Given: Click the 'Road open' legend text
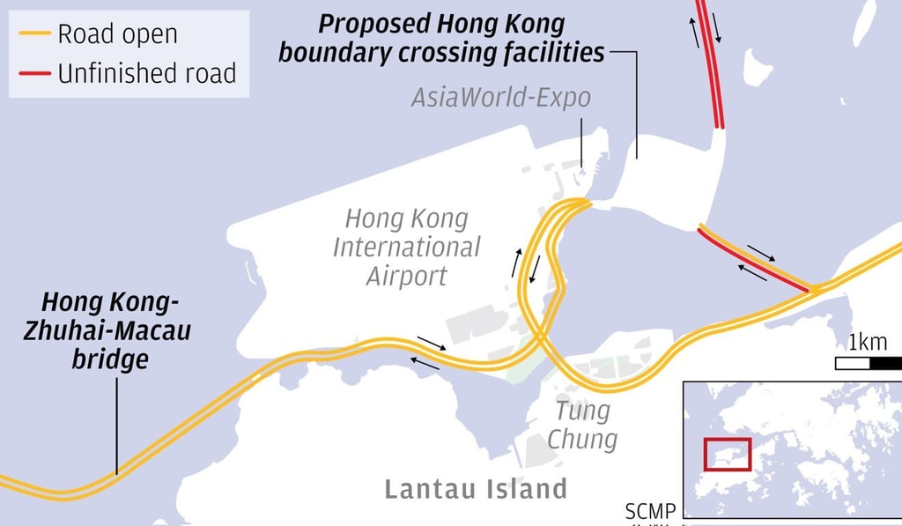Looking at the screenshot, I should pyautogui.click(x=117, y=34).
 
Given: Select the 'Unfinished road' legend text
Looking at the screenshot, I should pyautogui.click(x=147, y=72).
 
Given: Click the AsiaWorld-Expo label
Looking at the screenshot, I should pyautogui.click(x=500, y=97).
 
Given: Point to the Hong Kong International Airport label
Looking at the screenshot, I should pyautogui.click(x=406, y=247).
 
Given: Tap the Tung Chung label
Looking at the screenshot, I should pyautogui.click(x=582, y=424).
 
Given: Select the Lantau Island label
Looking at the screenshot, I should pyautogui.click(x=476, y=489).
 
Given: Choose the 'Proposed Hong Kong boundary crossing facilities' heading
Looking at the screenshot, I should pyautogui.click(x=441, y=38).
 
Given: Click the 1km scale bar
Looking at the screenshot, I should pyautogui.click(x=868, y=362).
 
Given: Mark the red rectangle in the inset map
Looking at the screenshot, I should pyautogui.click(x=727, y=454).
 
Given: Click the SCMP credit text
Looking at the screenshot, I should pyautogui.click(x=650, y=511).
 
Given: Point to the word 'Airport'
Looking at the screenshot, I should pyautogui.click(x=406, y=276).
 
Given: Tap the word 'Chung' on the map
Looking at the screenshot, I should pyautogui.click(x=582, y=438).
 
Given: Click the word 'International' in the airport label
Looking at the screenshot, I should pyautogui.click(x=406, y=247).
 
